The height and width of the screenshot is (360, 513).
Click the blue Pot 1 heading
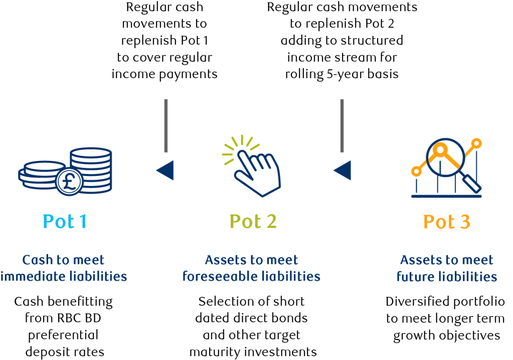point(65,221)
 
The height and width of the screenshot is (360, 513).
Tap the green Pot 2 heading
point(253,221)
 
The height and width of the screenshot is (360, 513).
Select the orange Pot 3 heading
point(446,221)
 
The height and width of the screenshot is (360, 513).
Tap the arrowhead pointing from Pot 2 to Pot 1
point(165,170)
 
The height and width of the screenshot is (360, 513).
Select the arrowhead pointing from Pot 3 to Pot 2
point(343,170)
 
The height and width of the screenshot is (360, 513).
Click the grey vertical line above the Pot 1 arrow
point(166,125)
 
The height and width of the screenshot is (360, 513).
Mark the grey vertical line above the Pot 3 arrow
point(342,125)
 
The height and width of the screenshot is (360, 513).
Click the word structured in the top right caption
point(375,40)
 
